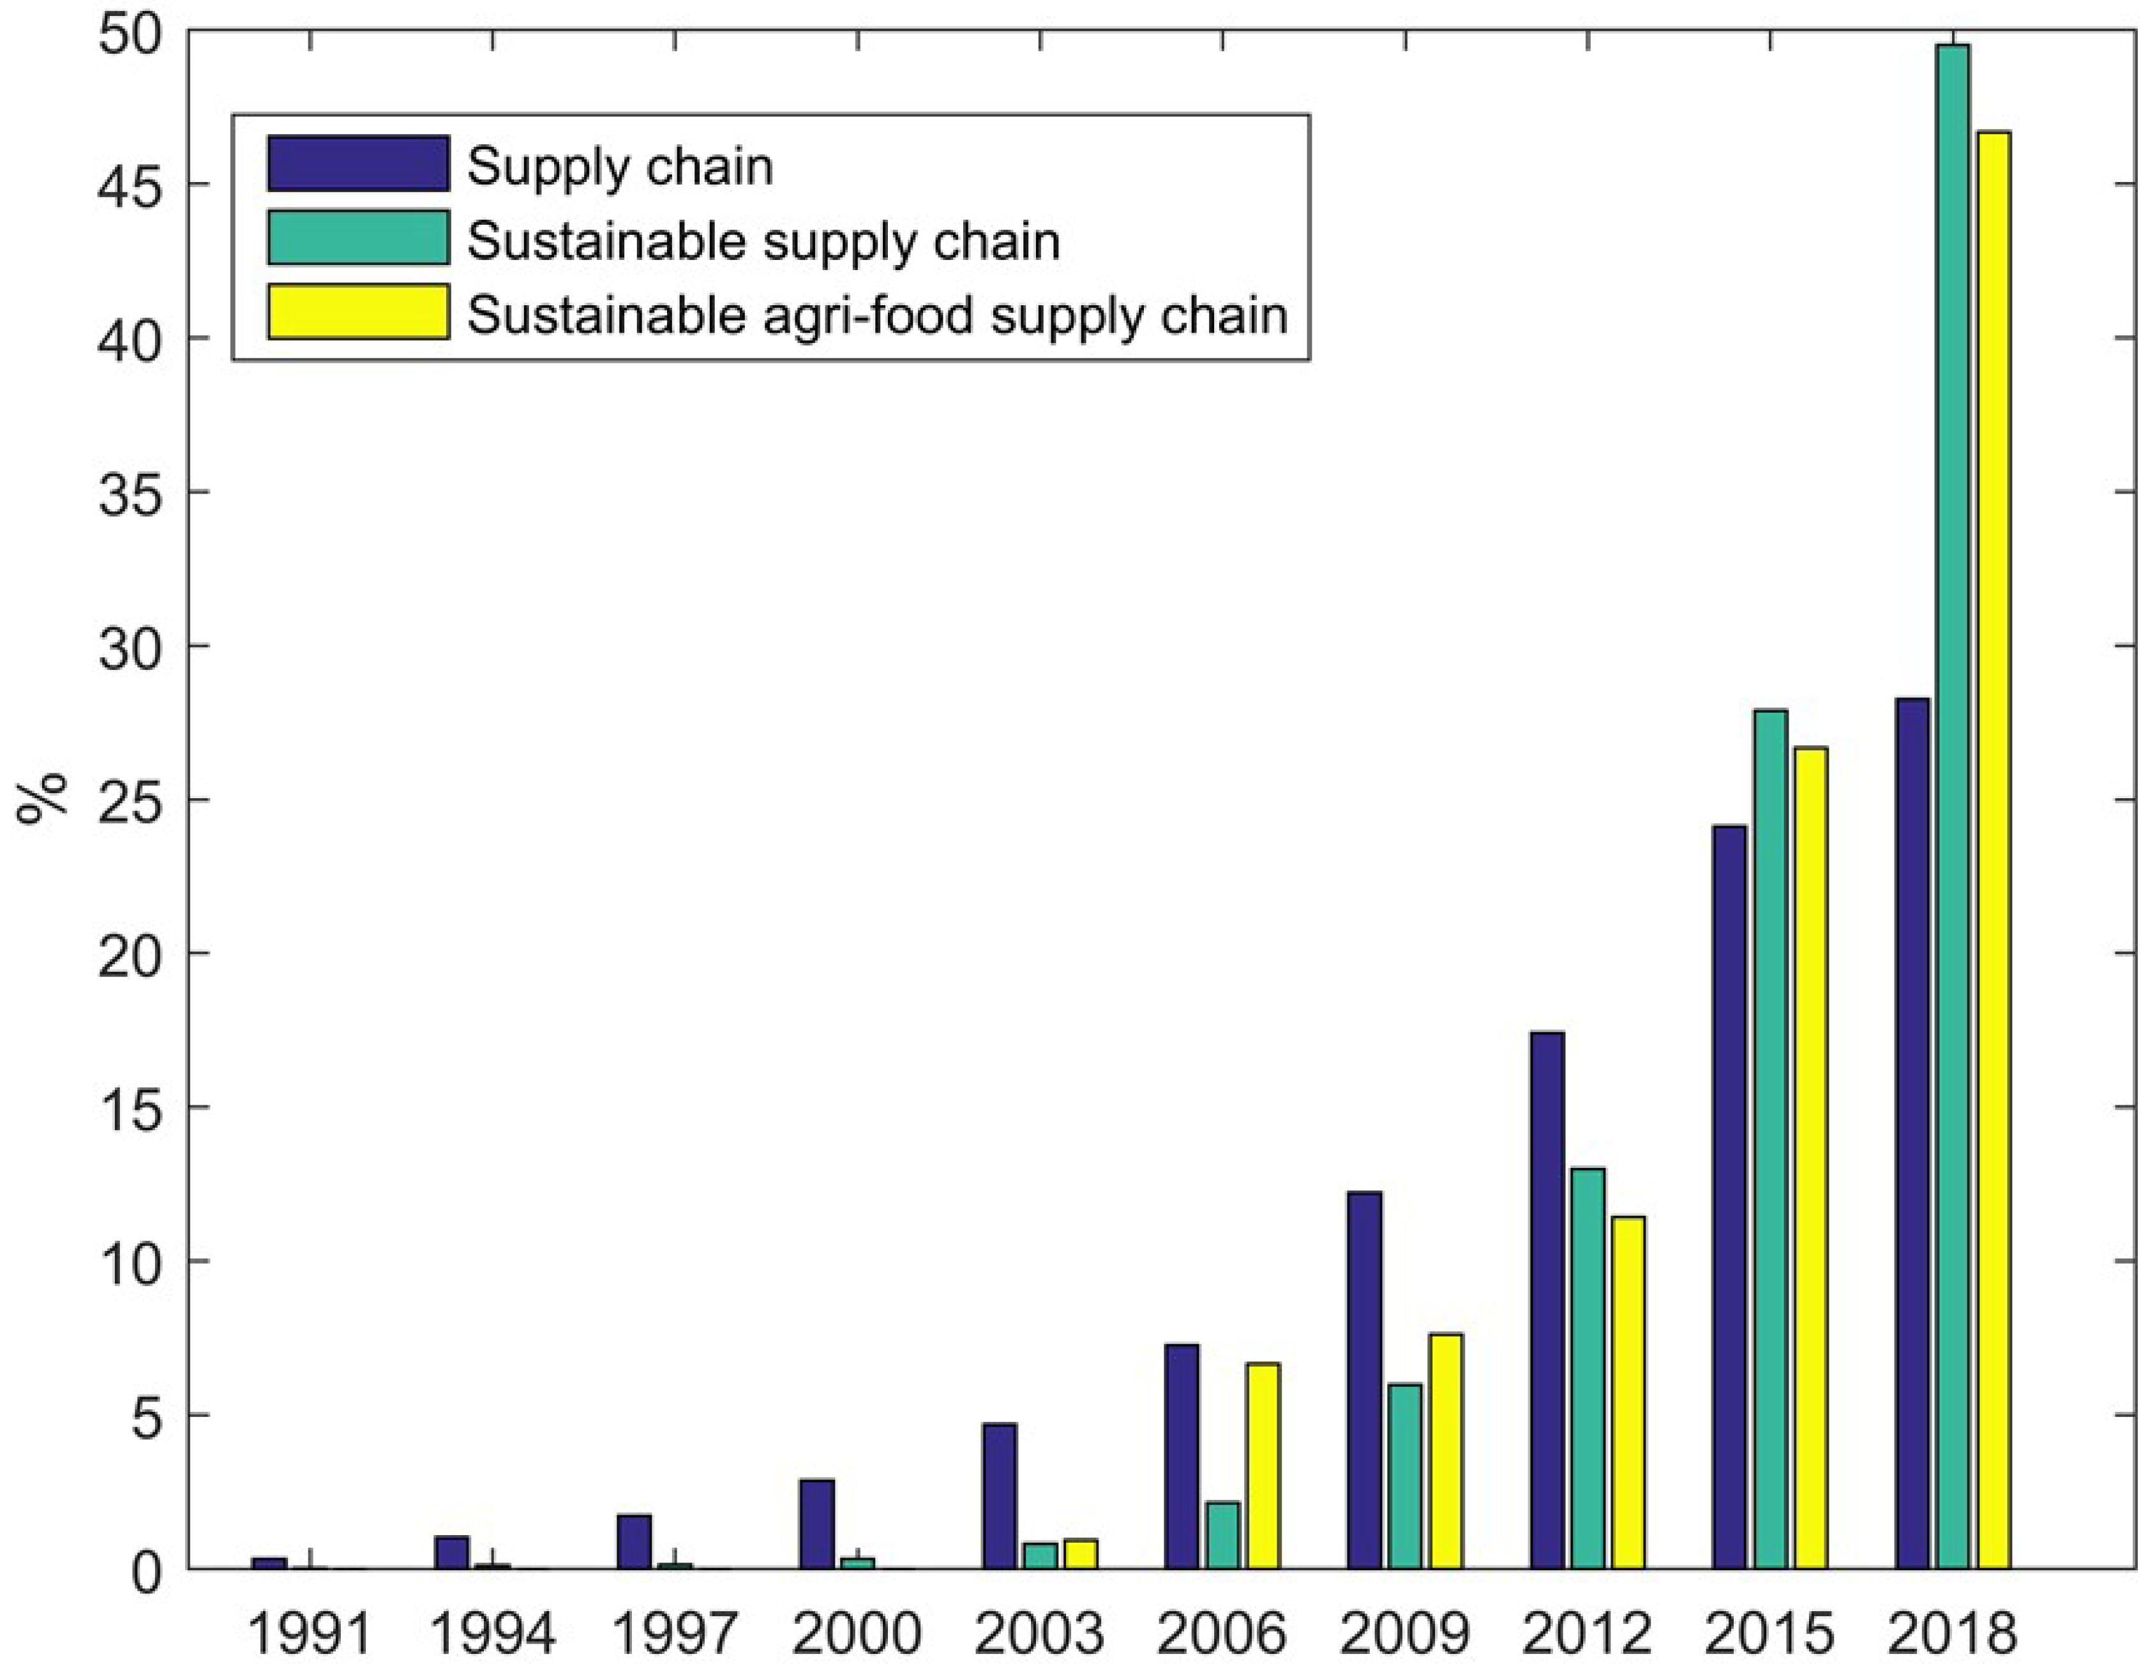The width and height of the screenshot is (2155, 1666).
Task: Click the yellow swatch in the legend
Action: click(x=358, y=312)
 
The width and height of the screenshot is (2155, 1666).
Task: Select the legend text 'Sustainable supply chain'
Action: click(x=763, y=240)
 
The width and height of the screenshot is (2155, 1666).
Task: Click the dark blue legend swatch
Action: click(x=358, y=164)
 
